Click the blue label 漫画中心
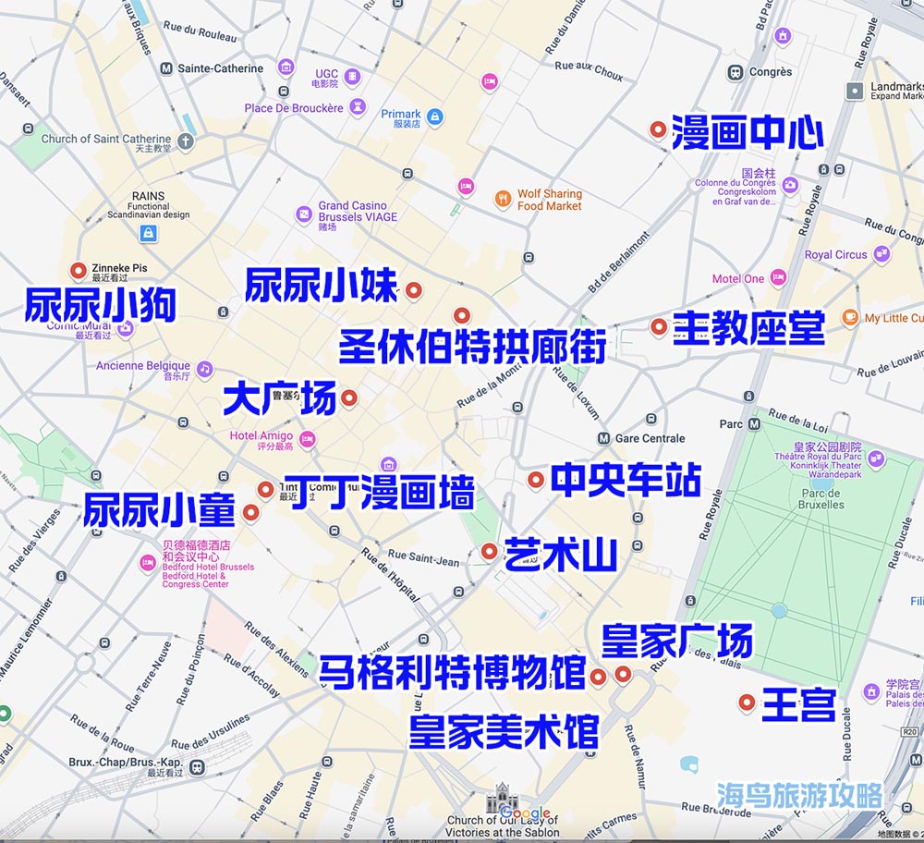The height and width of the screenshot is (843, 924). pyautogui.click(x=747, y=133)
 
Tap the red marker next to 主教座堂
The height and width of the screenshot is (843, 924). pyautogui.click(x=659, y=326)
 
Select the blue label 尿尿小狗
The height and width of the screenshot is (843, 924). pyautogui.click(x=100, y=306)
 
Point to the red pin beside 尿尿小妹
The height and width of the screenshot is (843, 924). pyautogui.click(x=414, y=290)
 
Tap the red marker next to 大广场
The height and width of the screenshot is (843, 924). pyautogui.click(x=349, y=398)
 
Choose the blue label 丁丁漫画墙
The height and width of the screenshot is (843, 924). pyautogui.click(x=380, y=493)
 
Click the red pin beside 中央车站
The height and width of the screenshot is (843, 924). pyautogui.click(x=536, y=480)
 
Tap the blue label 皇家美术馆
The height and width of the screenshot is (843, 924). pyautogui.click(x=505, y=731)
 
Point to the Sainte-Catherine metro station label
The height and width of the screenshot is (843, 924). pyautogui.click(x=220, y=68)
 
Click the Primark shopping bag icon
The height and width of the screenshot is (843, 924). pyautogui.click(x=434, y=117)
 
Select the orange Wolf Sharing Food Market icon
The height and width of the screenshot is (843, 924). pyautogui.click(x=503, y=198)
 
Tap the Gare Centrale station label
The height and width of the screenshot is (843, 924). pyautogui.click(x=650, y=438)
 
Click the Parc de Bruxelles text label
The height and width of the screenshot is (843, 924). pyautogui.click(x=821, y=499)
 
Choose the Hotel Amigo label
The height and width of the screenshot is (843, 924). pyautogui.click(x=261, y=435)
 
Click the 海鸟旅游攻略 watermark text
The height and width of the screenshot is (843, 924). pyautogui.click(x=799, y=795)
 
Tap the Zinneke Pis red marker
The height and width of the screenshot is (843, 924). pyautogui.click(x=78, y=271)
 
